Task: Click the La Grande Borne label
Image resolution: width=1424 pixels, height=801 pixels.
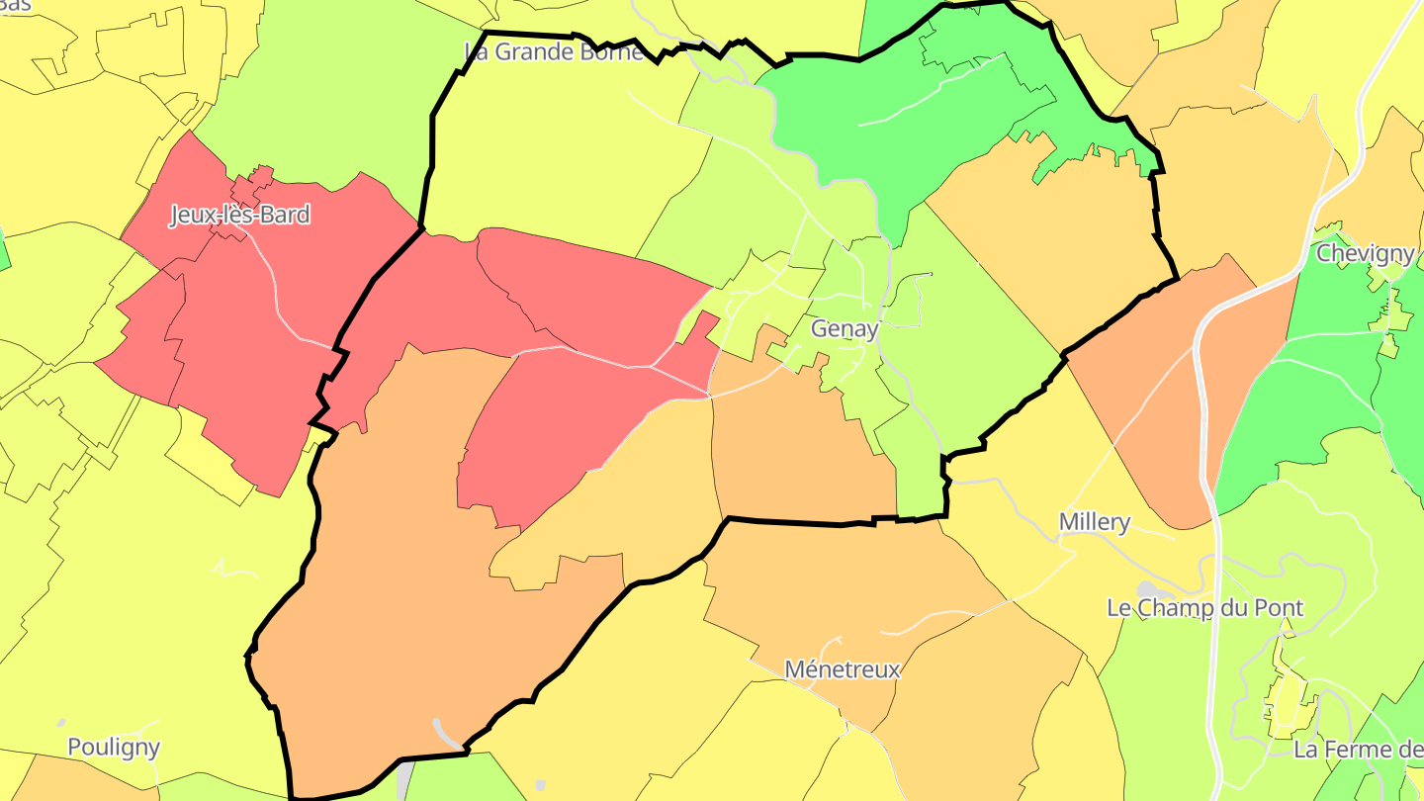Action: (554, 51)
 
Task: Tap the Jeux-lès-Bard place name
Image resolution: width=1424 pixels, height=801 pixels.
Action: (239, 215)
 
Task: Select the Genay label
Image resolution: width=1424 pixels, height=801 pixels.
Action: (844, 329)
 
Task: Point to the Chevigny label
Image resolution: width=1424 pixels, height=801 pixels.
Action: (1365, 253)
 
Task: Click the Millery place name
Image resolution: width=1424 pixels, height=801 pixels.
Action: (1094, 521)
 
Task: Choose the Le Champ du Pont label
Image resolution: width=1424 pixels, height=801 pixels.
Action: (1204, 607)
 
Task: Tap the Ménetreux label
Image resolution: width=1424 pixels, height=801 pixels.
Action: (842, 669)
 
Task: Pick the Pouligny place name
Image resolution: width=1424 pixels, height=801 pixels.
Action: (114, 747)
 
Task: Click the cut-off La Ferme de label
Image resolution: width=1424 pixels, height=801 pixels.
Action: (1357, 750)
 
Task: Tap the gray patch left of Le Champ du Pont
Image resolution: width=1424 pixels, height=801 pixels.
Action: (1147, 590)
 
